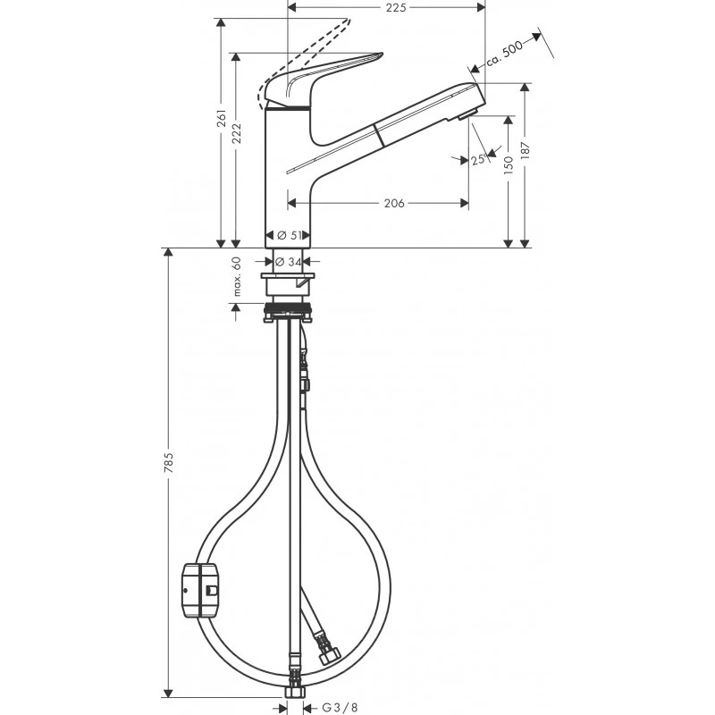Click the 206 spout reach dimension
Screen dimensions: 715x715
click(x=393, y=204)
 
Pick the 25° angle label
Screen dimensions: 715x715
click(x=477, y=159)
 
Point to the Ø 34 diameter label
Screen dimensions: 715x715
click(x=287, y=261)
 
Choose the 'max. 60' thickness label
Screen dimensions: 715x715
click(x=238, y=276)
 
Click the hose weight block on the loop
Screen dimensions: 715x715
click(x=200, y=591)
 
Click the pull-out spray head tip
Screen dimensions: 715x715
click(x=469, y=103)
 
